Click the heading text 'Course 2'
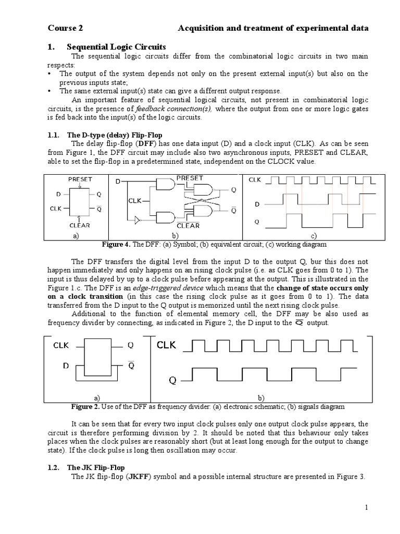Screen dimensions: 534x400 tap(65, 28)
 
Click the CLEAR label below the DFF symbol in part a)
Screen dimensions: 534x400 tap(80, 225)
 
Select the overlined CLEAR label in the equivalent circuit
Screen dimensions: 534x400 tap(188, 225)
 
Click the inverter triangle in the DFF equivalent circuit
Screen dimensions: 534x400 tap(137, 221)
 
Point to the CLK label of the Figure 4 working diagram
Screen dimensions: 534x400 tap(255, 180)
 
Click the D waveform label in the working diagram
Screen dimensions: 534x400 tap(256, 204)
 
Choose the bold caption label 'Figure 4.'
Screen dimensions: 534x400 tap(117, 244)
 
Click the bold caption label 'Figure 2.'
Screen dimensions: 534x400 tap(84, 406)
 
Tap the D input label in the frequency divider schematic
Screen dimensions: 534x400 tap(66, 366)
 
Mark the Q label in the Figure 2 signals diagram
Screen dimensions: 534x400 tap(172, 380)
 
